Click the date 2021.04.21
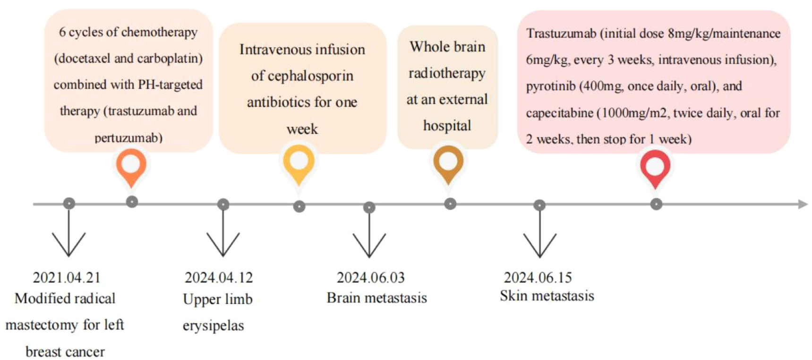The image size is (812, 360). [x=67, y=277]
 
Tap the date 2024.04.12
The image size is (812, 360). [x=219, y=277]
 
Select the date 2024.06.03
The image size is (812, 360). [x=371, y=277]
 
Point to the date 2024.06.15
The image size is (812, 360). [x=538, y=277]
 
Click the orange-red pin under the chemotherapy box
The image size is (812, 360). [x=131, y=166]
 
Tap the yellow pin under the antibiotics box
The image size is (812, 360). [x=299, y=164]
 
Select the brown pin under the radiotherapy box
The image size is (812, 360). [x=448, y=163]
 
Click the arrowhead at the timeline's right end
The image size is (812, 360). [x=803, y=204]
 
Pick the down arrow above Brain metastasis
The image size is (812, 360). [x=369, y=232]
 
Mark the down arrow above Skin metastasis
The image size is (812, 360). [x=539, y=231]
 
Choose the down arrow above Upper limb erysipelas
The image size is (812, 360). [x=223, y=231]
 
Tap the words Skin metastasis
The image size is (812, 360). [x=547, y=296]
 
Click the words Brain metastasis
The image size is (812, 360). [x=376, y=298]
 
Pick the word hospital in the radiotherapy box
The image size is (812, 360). [x=447, y=126]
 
